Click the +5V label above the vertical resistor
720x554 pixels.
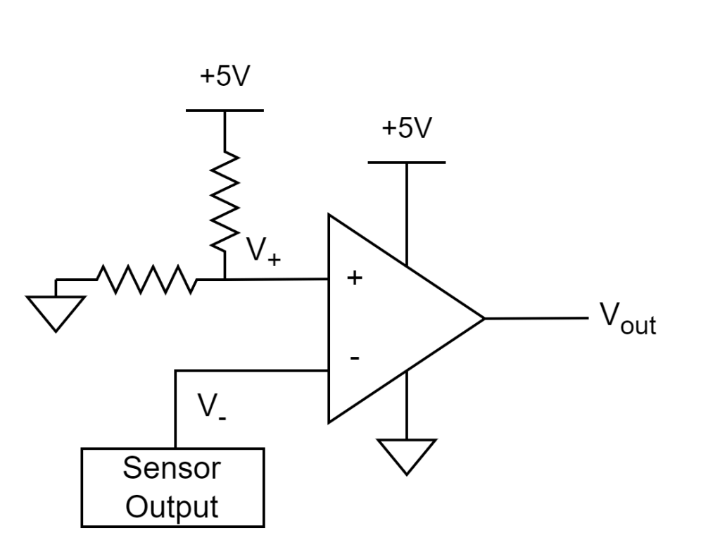pyautogui.click(x=225, y=76)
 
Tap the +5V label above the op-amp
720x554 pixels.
pyautogui.click(x=407, y=127)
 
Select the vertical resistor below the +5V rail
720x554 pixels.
pyautogui.click(x=225, y=201)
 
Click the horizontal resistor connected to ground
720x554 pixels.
pyautogui.click(x=147, y=279)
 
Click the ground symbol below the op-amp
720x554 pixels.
pyautogui.click(x=406, y=457)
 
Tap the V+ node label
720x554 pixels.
pyautogui.click(x=263, y=251)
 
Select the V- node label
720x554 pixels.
pyautogui.click(x=212, y=407)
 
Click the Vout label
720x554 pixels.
pyautogui.click(x=629, y=318)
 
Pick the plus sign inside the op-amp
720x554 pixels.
pyautogui.click(x=355, y=277)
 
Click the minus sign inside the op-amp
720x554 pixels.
pyautogui.click(x=355, y=358)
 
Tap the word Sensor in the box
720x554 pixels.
pyautogui.click(x=172, y=468)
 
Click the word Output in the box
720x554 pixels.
pyautogui.click(x=172, y=507)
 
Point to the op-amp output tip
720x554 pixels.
pyautogui.click(x=484, y=318)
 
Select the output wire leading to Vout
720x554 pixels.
pyautogui.click(x=536, y=318)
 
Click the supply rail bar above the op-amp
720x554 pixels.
pyautogui.click(x=406, y=162)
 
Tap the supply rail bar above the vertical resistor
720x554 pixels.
pyautogui.click(x=225, y=111)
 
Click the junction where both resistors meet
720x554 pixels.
pyautogui.click(x=225, y=279)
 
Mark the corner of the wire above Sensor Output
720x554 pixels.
pyautogui.click(x=175, y=370)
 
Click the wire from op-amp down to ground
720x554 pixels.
pyautogui.click(x=406, y=405)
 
